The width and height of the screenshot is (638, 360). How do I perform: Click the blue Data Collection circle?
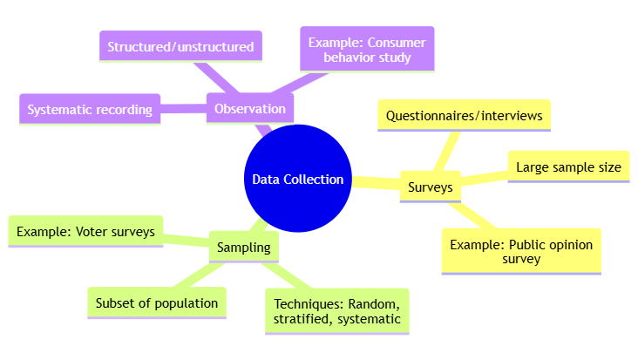point(297,179)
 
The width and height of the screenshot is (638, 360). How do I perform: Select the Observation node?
point(249,109)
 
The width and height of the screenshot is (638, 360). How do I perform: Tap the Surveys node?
point(430,187)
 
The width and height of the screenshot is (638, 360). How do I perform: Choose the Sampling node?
point(243,248)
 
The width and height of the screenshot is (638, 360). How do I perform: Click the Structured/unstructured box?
point(181,46)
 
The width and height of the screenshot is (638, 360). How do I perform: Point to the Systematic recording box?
point(90,110)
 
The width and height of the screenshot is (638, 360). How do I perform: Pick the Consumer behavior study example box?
point(367,49)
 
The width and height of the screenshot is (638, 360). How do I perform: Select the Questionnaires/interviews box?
point(464,115)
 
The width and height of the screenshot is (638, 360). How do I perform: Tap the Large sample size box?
point(568,167)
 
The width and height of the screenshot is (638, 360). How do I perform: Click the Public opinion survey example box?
point(520,251)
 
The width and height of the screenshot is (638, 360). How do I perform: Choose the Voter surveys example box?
point(85,231)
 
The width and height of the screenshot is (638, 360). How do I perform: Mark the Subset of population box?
point(157,302)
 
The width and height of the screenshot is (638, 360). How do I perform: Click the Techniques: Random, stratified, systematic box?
point(336,311)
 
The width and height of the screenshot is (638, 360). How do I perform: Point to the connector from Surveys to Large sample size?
point(484,178)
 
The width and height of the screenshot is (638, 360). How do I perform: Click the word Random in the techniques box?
point(374,303)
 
